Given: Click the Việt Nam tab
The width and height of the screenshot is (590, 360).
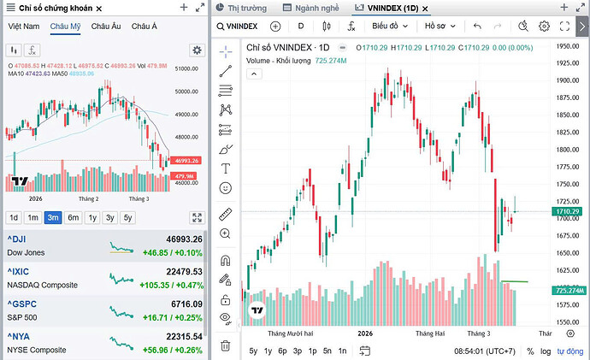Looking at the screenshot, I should coord(24,27).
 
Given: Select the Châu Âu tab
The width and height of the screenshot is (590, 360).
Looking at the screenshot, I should coord(106,27).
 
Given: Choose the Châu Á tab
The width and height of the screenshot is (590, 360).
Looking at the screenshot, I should coord(145,27).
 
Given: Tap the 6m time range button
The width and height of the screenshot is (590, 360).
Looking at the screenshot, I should coord(74,217).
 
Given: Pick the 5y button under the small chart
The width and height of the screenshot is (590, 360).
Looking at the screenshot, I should coord(127,217).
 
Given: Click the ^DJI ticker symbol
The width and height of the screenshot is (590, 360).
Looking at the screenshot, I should coord(18,239).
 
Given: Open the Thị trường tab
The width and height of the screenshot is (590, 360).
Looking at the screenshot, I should coord(247,8).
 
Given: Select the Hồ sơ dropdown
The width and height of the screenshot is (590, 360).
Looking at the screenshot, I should coord(440,27).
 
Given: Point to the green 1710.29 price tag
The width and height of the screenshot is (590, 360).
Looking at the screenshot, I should coord(568,211).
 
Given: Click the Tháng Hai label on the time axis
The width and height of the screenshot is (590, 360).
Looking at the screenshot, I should coord(432,333).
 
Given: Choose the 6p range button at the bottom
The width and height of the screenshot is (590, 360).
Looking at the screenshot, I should coord(283,351).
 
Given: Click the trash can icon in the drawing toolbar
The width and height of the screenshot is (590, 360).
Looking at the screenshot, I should coord(226,345).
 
